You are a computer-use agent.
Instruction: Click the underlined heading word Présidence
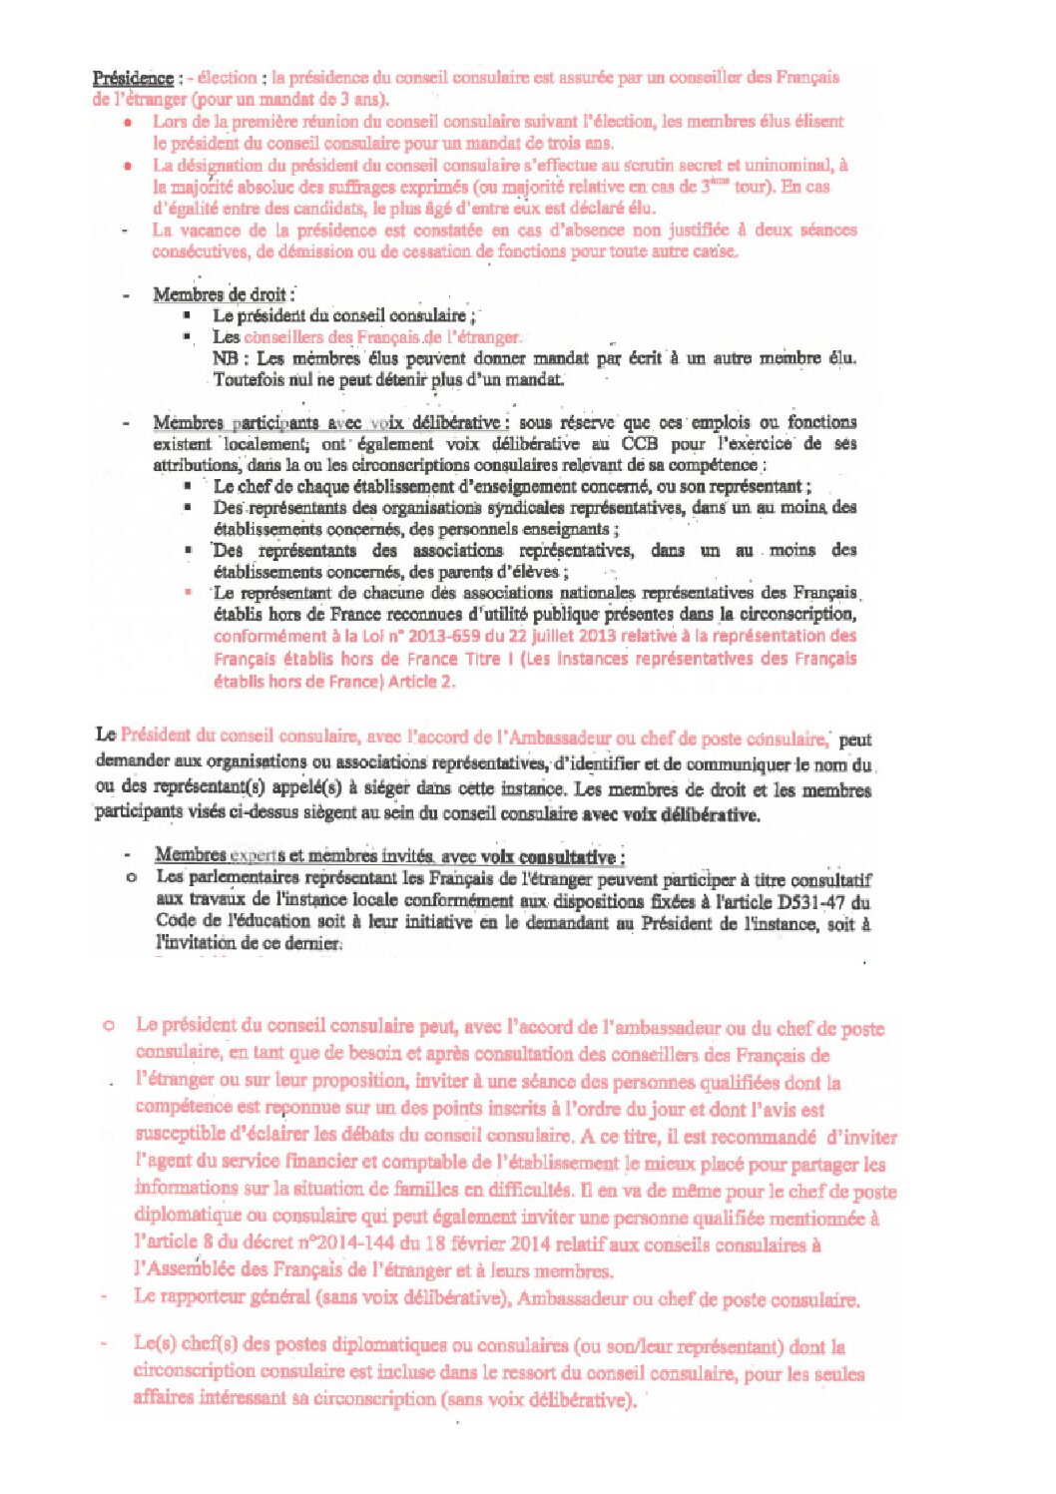(x=133, y=78)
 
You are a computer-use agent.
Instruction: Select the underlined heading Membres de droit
(x=221, y=294)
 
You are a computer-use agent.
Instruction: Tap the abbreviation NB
(x=225, y=358)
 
